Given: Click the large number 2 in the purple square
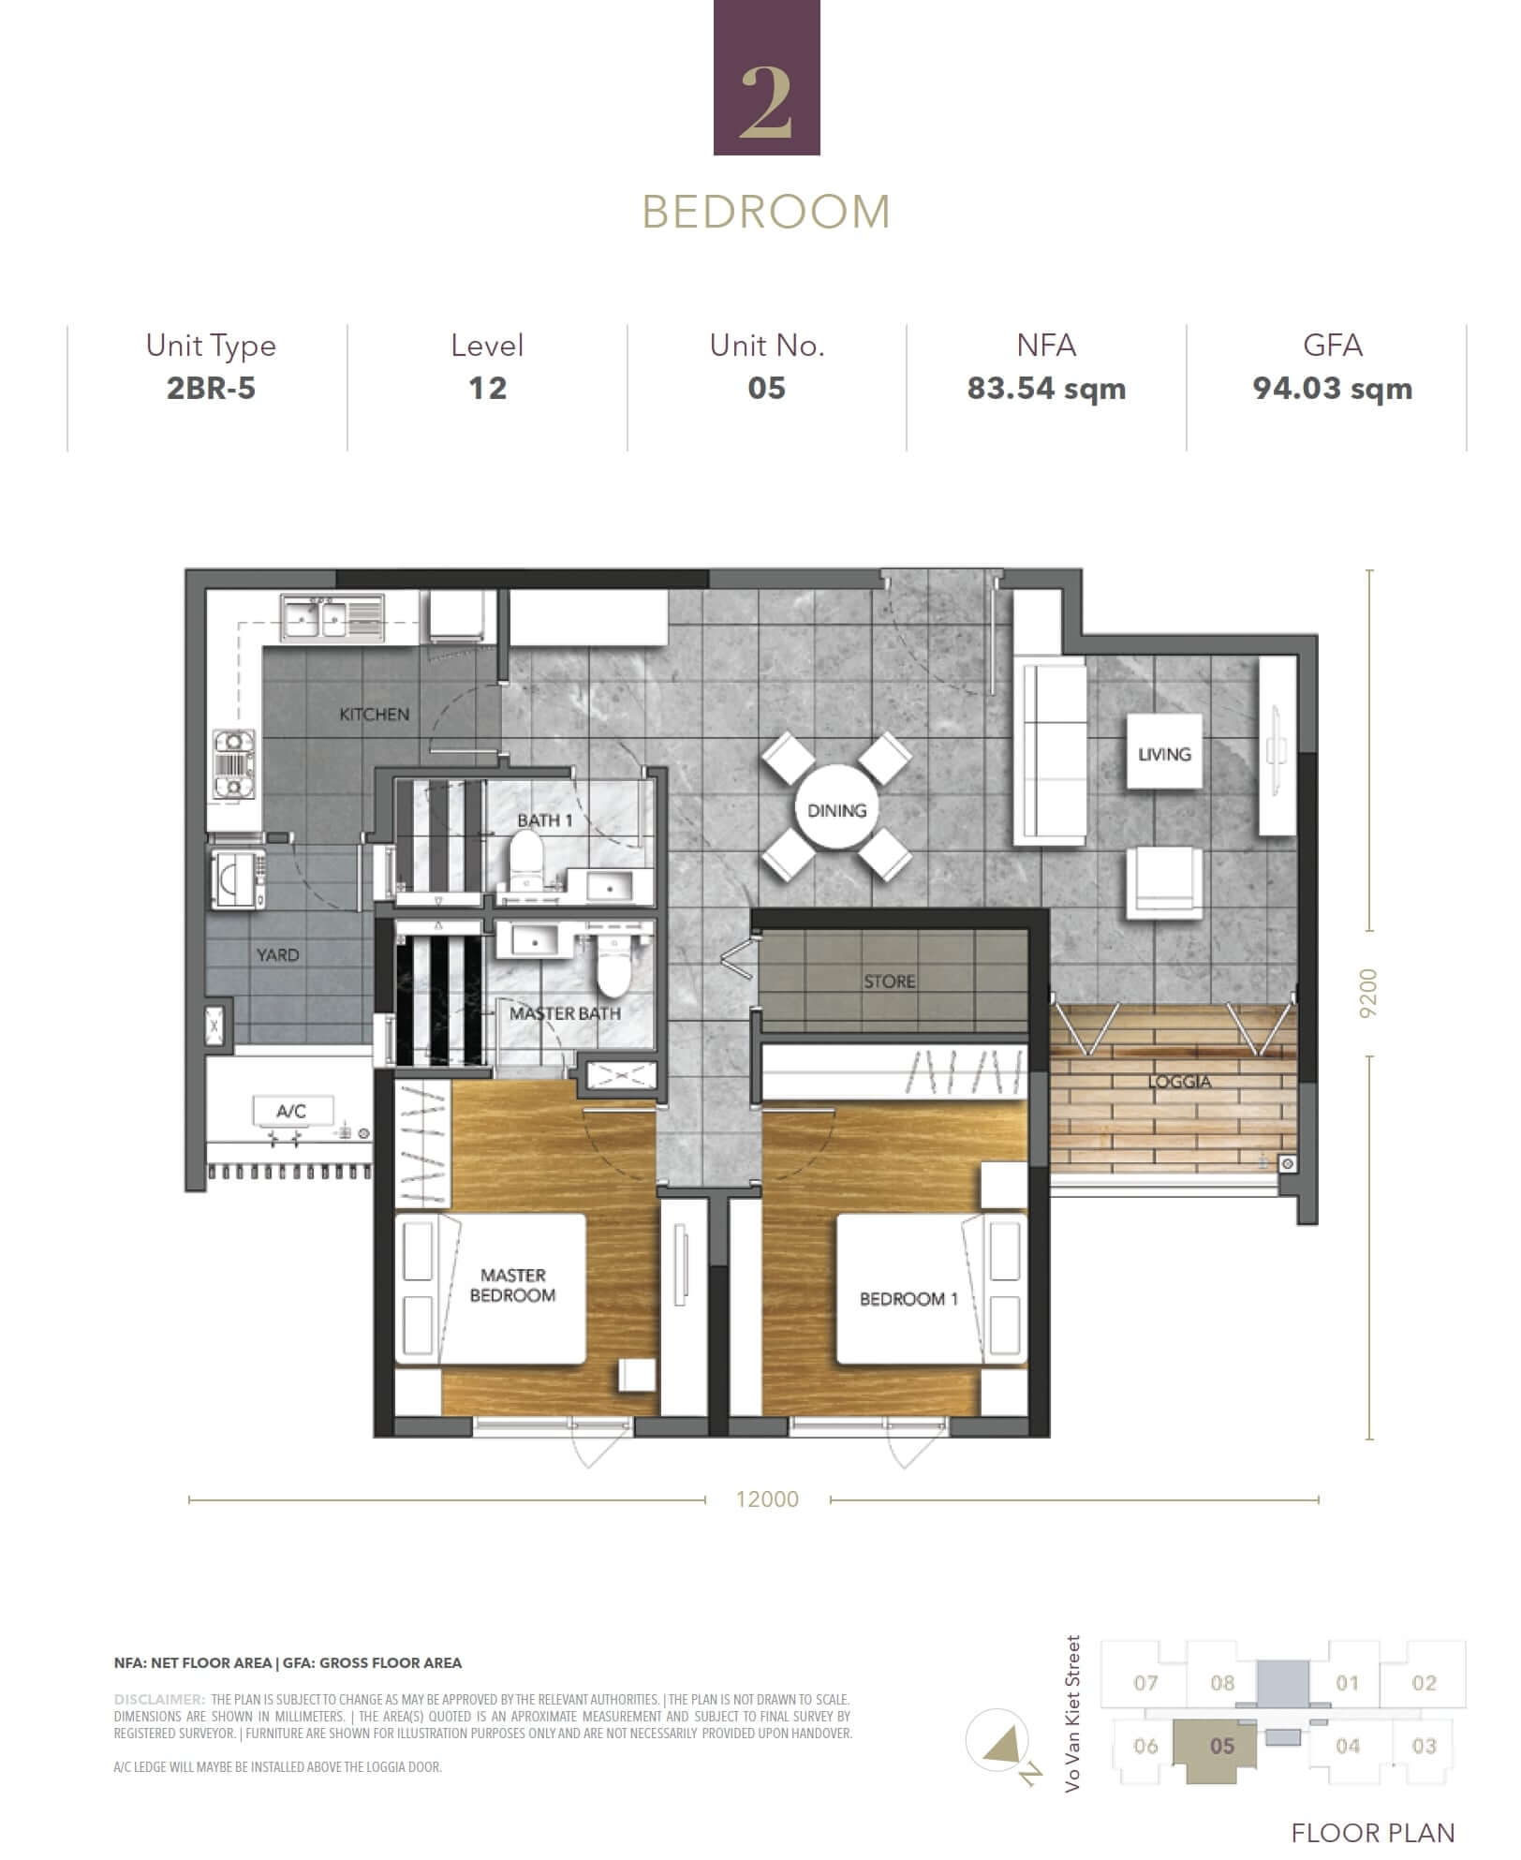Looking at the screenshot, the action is click(x=766, y=103).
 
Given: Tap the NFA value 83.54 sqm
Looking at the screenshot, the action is click(x=1046, y=389).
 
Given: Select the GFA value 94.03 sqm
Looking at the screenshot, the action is click(x=1332, y=389).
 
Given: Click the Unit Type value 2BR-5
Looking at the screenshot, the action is click(x=211, y=389).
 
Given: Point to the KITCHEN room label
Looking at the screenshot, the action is click(x=374, y=715).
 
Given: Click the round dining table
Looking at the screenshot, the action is click(x=836, y=810).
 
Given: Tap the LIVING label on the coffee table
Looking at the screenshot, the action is click(x=1164, y=754).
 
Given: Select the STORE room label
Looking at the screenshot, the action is click(x=889, y=982).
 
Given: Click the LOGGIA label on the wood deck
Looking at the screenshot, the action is click(x=1179, y=1082).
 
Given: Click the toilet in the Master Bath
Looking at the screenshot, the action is click(x=614, y=968).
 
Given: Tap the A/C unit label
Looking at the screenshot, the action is click(x=291, y=1112).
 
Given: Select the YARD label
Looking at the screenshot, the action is click(x=278, y=955).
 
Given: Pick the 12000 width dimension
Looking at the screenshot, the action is click(x=767, y=1499).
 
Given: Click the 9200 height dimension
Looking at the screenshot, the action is click(x=1368, y=994).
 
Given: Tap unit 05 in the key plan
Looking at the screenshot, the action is click(x=1221, y=1746).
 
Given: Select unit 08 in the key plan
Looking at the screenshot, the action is click(x=1222, y=1683).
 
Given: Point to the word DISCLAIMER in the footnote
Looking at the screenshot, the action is click(x=159, y=1699).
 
